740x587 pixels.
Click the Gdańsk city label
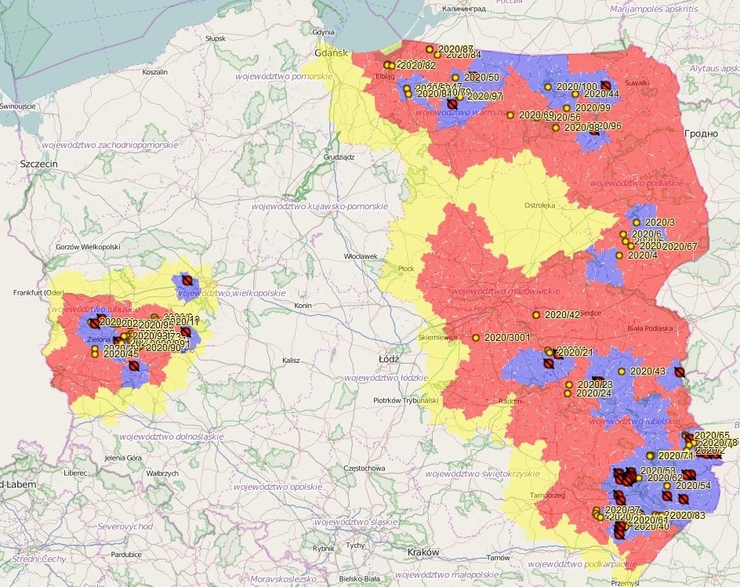tap(331, 53)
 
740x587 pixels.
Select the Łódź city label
tap(389, 358)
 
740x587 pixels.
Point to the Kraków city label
tap(423, 552)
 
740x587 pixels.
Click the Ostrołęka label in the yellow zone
tap(540, 205)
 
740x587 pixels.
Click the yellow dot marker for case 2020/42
tap(536, 315)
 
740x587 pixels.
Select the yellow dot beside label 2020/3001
tap(475, 338)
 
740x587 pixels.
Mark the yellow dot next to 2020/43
tap(622, 371)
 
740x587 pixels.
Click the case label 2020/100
tap(576, 86)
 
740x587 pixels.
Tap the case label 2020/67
tap(679, 246)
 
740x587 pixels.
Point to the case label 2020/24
tap(594, 393)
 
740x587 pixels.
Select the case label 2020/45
tap(122, 353)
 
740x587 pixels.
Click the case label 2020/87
tap(455, 49)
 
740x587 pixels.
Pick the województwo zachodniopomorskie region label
tap(110, 145)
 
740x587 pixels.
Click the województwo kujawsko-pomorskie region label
tap(319, 206)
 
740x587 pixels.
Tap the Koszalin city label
tap(155, 71)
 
